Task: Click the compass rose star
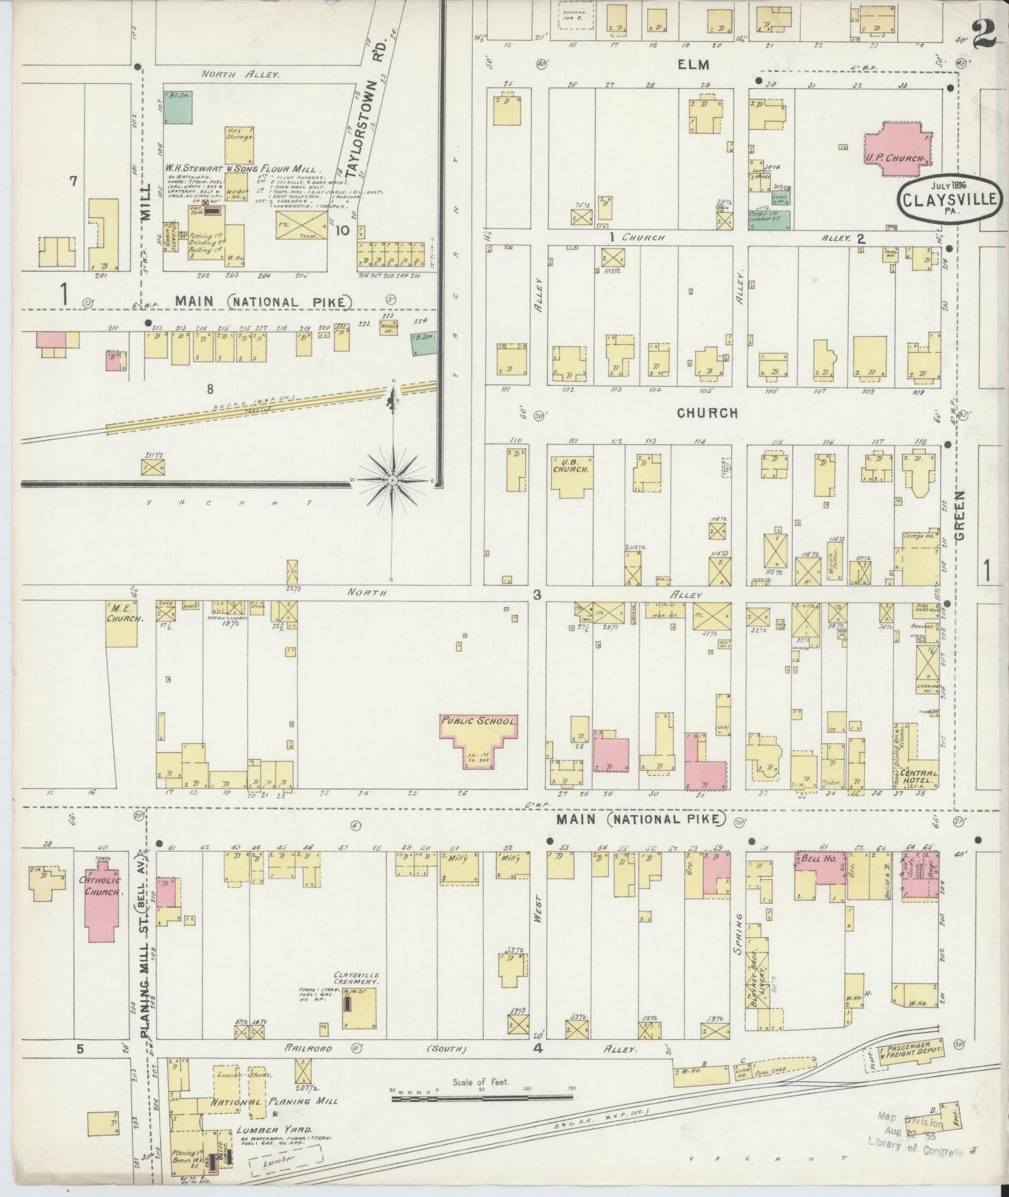393,480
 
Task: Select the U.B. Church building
572,475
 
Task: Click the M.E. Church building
121,622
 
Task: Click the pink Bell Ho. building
820,867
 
